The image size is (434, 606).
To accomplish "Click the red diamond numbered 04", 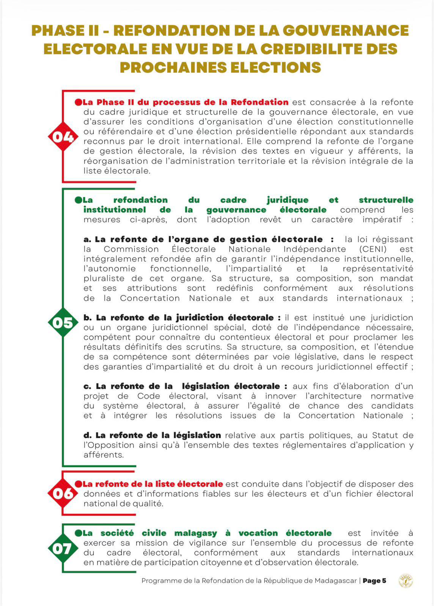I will [x=63, y=136].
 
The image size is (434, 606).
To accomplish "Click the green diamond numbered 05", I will [x=63, y=323].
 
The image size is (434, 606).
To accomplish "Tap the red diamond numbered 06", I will [x=63, y=494].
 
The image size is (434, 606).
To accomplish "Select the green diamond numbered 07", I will [x=63, y=548].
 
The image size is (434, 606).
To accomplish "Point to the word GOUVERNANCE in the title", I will [x=346, y=30].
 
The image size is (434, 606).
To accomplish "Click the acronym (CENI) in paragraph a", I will [x=373, y=249].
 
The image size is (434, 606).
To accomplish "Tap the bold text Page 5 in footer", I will [x=374, y=581].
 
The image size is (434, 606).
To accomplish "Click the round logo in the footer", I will [x=406, y=581].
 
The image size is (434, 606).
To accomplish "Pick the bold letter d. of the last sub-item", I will [x=88, y=436].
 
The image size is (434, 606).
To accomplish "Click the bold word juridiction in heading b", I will [x=200, y=318].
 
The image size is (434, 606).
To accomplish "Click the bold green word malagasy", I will [x=195, y=533].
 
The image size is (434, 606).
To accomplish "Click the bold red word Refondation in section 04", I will [x=259, y=102].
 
